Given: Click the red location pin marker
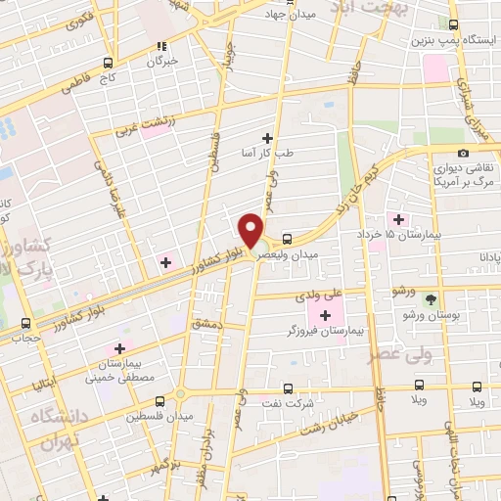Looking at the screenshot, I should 251,231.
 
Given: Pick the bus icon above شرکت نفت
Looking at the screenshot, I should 288,388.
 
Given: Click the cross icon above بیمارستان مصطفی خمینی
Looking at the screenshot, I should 120,347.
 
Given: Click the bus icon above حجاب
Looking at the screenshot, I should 25,323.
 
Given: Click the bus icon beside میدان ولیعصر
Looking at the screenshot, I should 287,238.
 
